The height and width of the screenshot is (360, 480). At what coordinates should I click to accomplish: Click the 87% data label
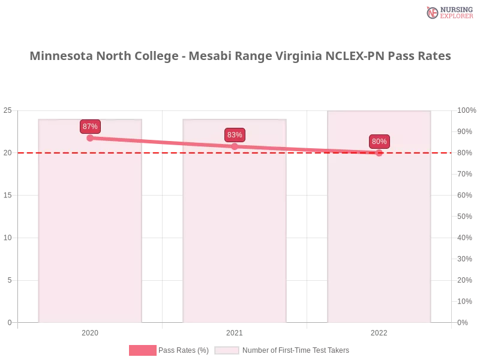tap(90, 127)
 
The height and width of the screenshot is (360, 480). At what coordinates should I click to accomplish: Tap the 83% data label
tap(235, 135)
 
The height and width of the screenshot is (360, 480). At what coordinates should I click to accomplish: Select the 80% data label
tap(379, 142)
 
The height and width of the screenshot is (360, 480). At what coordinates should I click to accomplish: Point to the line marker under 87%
tap(90, 138)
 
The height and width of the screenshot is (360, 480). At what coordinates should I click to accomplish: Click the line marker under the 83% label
tap(235, 146)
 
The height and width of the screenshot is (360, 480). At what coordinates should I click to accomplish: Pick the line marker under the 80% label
tap(379, 153)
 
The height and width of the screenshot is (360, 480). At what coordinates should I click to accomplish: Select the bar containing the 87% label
tap(90, 240)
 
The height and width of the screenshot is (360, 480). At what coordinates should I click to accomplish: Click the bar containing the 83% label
tap(235, 240)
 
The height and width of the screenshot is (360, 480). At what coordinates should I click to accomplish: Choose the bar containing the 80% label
tap(379, 240)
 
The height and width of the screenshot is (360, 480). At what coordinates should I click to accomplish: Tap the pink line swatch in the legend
tap(142, 350)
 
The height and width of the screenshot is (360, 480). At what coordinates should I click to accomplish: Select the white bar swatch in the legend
tap(227, 350)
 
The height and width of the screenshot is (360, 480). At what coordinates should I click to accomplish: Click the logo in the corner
tap(448, 12)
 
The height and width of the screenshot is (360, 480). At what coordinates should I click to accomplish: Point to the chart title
tap(240, 56)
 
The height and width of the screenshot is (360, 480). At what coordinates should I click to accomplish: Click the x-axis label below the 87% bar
tap(90, 331)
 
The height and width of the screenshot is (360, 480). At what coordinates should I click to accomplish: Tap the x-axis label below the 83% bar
tap(235, 331)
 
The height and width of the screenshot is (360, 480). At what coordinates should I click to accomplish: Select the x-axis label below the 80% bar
tap(379, 331)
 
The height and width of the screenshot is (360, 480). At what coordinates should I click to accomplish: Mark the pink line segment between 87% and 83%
tap(162, 142)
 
